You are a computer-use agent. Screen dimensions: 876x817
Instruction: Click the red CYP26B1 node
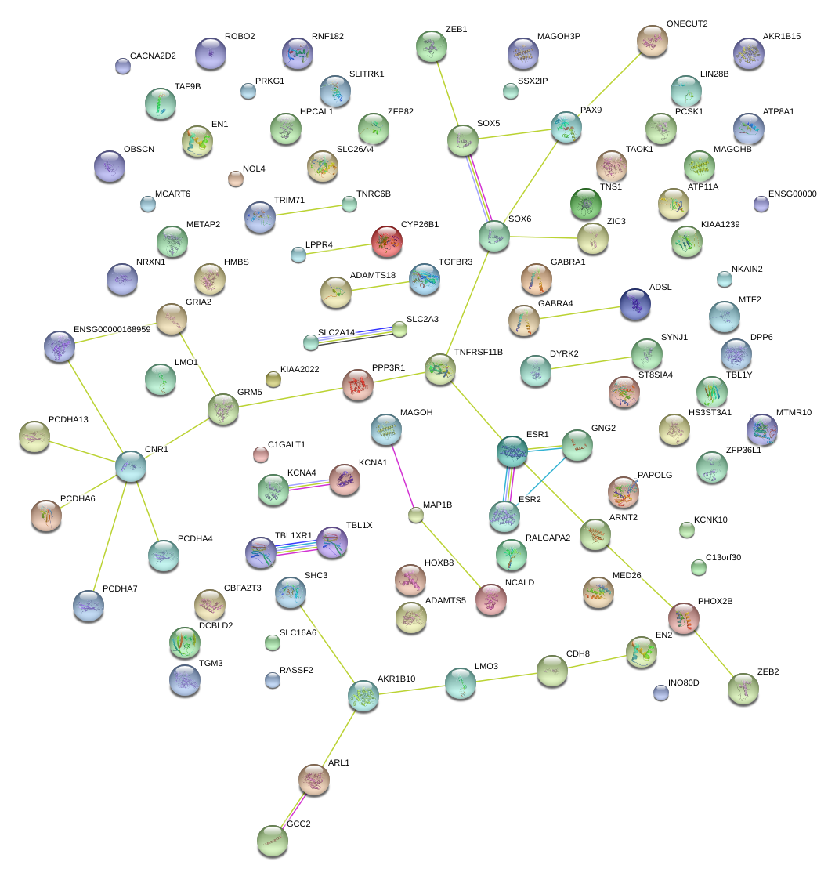coord(386,242)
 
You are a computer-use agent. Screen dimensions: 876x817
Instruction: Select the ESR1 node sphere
coord(512,451)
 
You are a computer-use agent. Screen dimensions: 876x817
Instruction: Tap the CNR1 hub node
coord(131,465)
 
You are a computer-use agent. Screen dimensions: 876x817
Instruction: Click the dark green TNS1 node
coord(585,204)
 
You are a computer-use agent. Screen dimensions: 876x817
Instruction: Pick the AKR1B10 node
coord(363,695)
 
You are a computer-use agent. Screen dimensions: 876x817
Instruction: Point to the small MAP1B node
coord(416,515)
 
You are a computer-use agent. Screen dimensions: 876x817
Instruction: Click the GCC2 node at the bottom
coord(273,840)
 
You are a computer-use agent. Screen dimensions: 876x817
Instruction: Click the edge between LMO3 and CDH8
coord(506,676)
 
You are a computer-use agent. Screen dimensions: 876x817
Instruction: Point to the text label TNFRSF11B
coord(479,352)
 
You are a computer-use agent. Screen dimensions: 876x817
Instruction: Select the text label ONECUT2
coord(687,24)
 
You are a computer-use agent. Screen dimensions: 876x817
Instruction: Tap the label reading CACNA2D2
coord(153,56)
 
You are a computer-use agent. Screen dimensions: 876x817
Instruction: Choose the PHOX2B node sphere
coord(684,617)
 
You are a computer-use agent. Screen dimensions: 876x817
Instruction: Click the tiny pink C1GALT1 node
coord(261,454)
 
